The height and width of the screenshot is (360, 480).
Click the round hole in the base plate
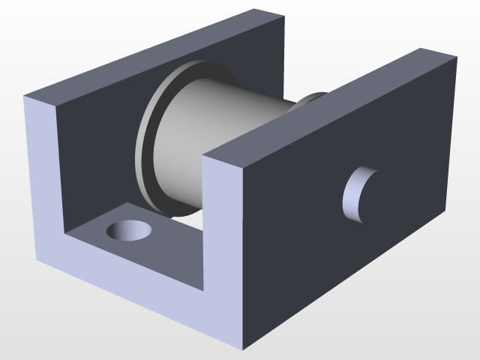click(128, 229)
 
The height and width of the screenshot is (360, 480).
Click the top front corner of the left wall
click(25, 96)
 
